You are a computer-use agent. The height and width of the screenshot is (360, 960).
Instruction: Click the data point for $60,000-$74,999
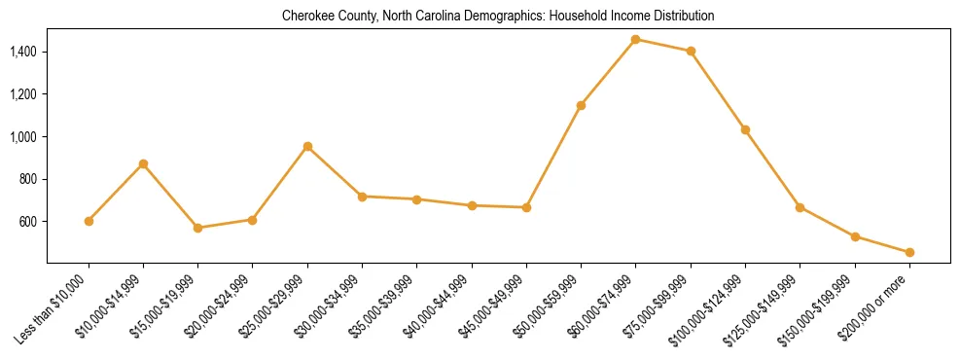pyautogui.click(x=635, y=40)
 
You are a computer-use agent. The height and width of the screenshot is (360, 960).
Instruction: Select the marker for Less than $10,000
pyautogui.click(x=89, y=221)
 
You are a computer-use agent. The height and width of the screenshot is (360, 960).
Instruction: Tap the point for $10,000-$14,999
pyautogui.click(x=143, y=163)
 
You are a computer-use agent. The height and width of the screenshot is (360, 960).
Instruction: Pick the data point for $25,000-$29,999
pyautogui.click(x=307, y=146)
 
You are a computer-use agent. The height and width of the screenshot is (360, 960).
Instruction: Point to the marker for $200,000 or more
pyautogui.click(x=909, y=252)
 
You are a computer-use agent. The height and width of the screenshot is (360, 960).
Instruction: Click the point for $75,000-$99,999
pyautogui.click(x=691, y=51)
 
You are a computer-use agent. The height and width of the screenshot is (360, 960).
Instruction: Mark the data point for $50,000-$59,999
pyautogui.click(x=581, y=105)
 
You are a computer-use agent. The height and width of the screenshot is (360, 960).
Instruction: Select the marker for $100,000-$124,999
pyautogui.click(x=745, y=129)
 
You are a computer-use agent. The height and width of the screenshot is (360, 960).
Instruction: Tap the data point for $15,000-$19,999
pyautogui.click(x=198, y=228)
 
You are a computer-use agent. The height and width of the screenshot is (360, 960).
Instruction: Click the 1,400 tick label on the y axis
pyautogui.click(x=22, y=52)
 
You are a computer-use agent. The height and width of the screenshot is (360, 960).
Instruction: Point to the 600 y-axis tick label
pyautogui.click(x=28, y=222)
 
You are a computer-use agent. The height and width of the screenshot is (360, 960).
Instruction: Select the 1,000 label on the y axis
pyautogui.click(x=22, y=137)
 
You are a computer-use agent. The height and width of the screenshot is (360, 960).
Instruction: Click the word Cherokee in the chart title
pyautogui.click(x=305, y=17)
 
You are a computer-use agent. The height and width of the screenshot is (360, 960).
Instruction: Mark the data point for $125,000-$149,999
pyautogui.click(x=800, y=207)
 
